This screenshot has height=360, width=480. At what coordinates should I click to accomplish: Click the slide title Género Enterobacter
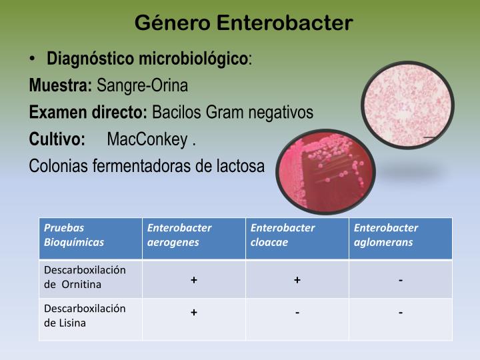click(x=243, y=23)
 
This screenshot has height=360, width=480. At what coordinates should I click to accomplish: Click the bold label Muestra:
click(x=61, y=85)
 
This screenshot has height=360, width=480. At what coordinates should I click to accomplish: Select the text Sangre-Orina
click(x=143, y=85)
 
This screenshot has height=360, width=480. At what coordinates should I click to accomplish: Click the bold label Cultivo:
click(x=57, y=139)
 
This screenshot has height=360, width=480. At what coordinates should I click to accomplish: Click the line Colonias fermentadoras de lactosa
click(x=147, y=166)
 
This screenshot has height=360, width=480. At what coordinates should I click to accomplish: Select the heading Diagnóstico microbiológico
click(x=147, y=59)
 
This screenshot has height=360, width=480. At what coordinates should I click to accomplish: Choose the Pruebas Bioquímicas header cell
click(x=90, y=235)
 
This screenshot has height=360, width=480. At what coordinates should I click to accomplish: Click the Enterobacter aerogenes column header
click(x=193, y=235)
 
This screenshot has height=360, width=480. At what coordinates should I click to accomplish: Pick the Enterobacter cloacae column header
click(x=297, y=235)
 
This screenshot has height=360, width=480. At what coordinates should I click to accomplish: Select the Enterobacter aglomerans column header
click(x=400, y=235)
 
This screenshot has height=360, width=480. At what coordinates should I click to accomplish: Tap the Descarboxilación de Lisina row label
click(x=90, y=315)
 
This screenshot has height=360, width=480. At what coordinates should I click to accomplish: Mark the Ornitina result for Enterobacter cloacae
click(x=297, y=280)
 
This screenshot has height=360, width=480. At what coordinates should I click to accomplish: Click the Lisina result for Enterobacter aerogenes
click(x=193, y=313)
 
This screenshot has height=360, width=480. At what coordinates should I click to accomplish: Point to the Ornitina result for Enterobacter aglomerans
click(x=401, y=280)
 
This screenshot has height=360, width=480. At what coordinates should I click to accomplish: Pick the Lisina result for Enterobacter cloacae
click(x=297, y=313)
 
